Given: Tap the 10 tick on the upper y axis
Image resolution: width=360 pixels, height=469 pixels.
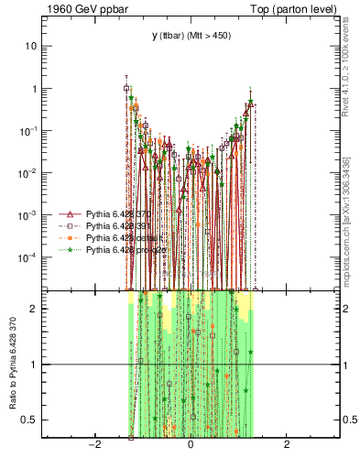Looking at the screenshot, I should (x=32, y=46).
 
